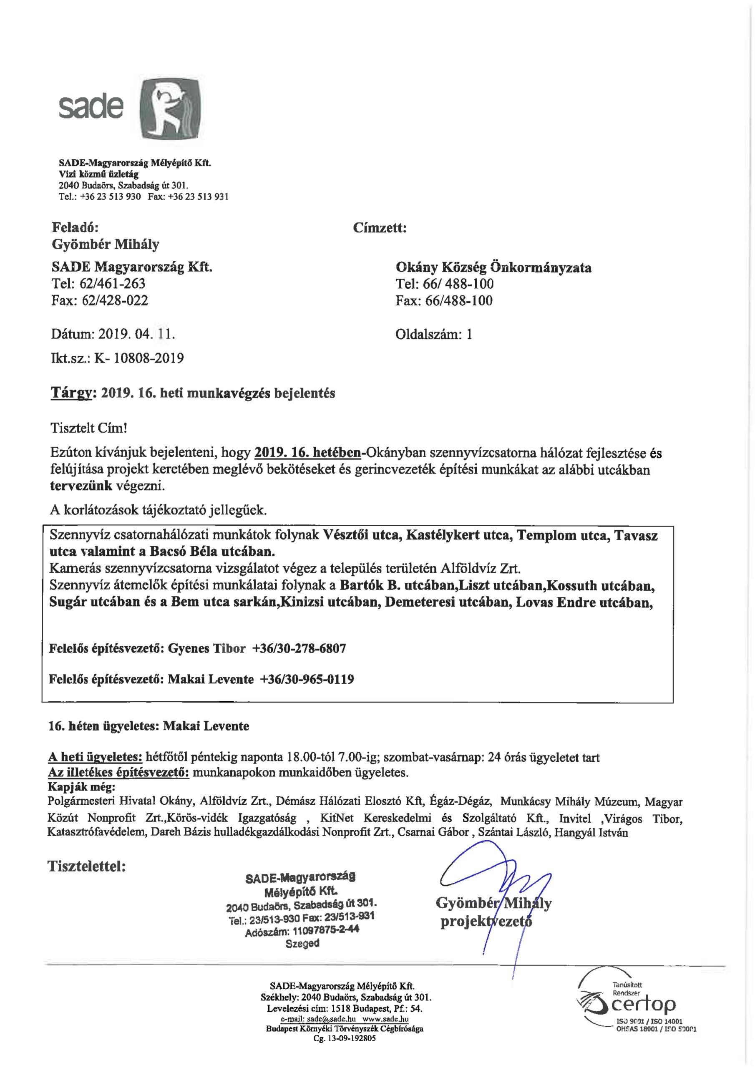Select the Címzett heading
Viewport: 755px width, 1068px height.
380,228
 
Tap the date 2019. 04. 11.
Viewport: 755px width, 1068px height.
136,334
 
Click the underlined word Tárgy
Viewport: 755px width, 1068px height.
71,393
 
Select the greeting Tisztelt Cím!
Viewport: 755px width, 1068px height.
88,428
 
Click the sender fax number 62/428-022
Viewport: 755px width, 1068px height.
115,300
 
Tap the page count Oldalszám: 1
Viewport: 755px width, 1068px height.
433,335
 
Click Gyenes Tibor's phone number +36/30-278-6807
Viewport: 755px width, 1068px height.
299,648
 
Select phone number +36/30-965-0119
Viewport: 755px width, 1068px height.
307,680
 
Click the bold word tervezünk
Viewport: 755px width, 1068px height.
81,486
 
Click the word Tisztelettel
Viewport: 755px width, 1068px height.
86,866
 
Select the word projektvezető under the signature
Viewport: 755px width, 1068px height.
486,921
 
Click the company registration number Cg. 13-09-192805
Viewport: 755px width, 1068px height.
344,1038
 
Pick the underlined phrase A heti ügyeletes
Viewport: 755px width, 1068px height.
95,757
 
